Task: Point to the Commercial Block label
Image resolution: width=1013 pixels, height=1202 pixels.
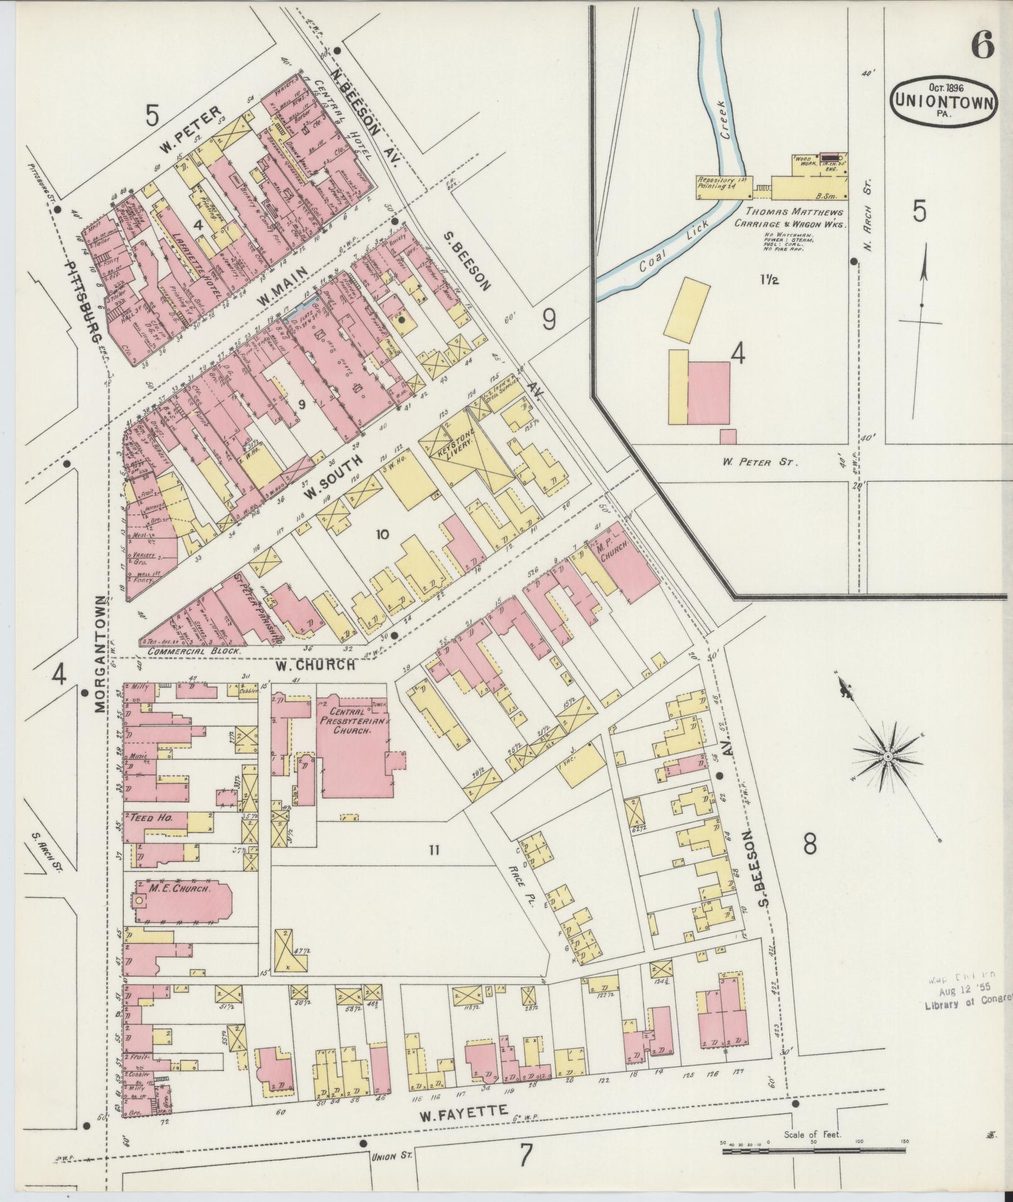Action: point(194,652)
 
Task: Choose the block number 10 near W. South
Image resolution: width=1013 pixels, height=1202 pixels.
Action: point(382,535)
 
